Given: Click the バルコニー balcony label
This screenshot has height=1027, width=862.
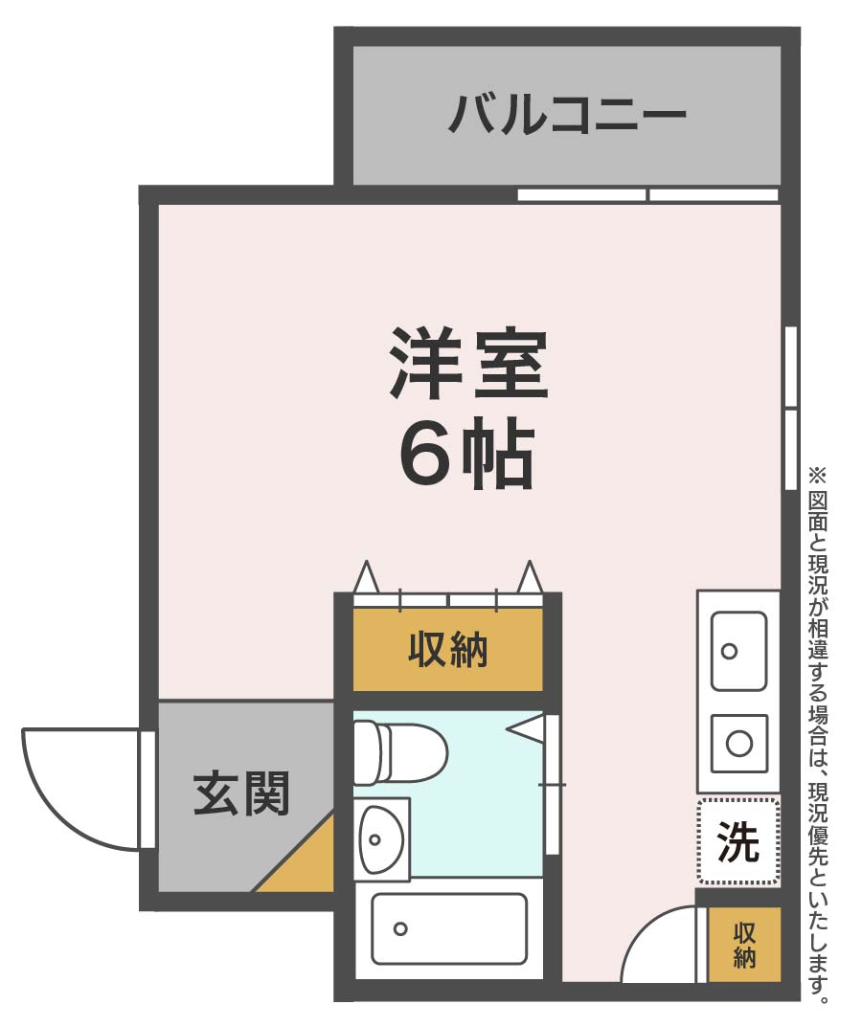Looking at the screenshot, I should click(568, 114).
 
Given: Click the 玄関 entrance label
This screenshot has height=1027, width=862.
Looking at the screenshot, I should click(241, 793).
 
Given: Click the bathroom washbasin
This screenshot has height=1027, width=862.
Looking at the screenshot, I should click(380, 838).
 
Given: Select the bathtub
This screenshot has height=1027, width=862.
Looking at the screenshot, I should click(448, 927).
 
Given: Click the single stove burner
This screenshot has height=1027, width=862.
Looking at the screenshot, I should click(738, 743).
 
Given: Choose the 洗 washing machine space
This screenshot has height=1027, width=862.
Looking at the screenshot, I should click(737, 841).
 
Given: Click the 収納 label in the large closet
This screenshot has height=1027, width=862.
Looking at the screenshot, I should click(447, 651).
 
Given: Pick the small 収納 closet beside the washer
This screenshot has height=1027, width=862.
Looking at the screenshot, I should click(744, 945).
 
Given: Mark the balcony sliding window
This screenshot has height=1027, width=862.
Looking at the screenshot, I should click(647, 194).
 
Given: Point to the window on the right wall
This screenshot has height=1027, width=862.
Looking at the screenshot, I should click(790, 408).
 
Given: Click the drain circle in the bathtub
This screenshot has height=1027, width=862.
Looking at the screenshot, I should click(400, 927).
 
